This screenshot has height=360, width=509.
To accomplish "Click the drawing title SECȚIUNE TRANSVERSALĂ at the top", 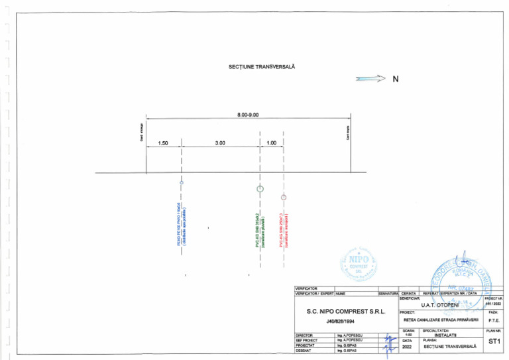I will pyautogui.click(x=261, y=67).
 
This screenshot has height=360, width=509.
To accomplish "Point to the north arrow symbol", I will pyautogui.click(x=370, y=79).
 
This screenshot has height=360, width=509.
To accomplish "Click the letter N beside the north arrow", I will pyautogui.click(x=396, y=79).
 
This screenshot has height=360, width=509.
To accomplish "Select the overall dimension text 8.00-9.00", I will pyautogui.click(x=247, y=115).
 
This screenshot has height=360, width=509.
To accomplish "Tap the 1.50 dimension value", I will pyautogui.click(x=163, y=143).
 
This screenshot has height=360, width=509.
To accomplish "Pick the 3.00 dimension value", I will pyautogui.click(x=220, y=143).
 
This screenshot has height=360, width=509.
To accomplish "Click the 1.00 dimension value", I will pyautogui.click(x=272, y=143).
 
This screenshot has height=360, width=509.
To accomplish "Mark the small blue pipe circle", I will pyautogui.click(x=181, y=181).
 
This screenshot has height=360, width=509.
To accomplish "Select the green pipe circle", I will pyautogui.click(x=260, y=188).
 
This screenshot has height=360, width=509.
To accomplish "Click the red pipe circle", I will pyautogui.click(x=284, y=197).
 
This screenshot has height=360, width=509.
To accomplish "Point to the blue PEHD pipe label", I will pyautogui.click(x=182, y=225).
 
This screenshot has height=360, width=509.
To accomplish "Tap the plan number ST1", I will pyautogui.click(x=493, y=341).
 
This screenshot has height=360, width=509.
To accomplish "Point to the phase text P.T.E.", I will pyautogui.click(x=493, y=320).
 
